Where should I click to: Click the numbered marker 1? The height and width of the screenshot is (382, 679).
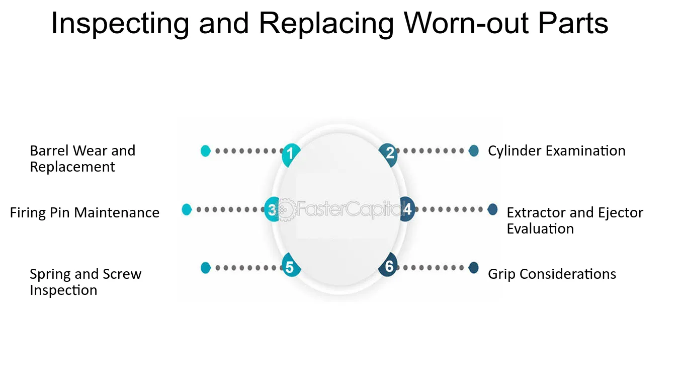coord(291,155)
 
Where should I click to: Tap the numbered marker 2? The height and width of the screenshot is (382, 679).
coord(389,155)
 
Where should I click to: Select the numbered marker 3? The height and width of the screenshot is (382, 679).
coord(272,209)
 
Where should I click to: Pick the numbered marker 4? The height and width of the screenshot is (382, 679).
coord(407,209)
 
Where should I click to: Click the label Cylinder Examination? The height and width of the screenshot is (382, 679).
coord(557,151)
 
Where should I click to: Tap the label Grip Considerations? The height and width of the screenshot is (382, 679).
coord(552,274)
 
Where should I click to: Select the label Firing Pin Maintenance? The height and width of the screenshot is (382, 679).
coord(84,212)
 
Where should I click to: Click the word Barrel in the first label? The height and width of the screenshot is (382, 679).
coord(49,151)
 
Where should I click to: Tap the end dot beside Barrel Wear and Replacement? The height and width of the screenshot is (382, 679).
coord(206,151)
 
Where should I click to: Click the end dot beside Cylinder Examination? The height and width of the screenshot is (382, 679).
coord(473,151)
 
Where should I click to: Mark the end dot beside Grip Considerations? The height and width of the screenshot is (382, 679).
coord(473,268)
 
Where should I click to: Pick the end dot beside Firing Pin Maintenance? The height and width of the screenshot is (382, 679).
coord(187,209)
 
